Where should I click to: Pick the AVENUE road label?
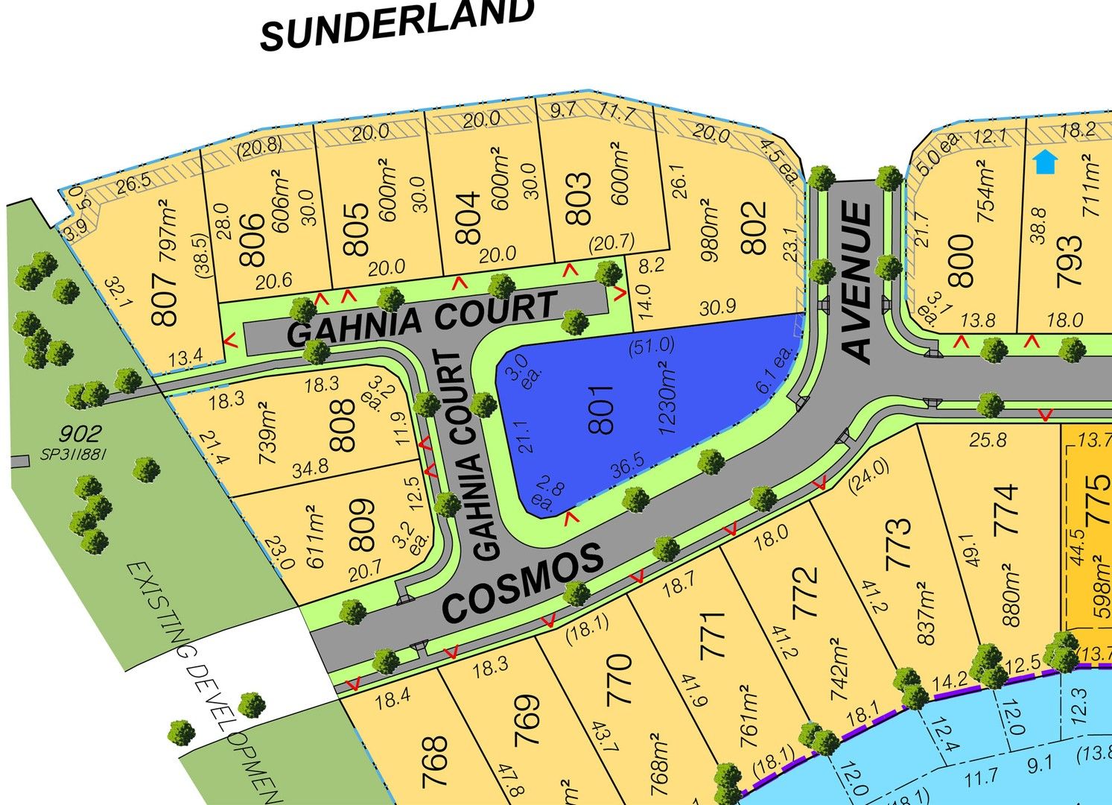coord(859,282)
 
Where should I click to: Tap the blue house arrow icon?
coord(1046,161)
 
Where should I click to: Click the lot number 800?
coord(962,260)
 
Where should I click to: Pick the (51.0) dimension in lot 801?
coord(651,346)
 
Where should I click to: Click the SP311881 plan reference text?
coord(82,454)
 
